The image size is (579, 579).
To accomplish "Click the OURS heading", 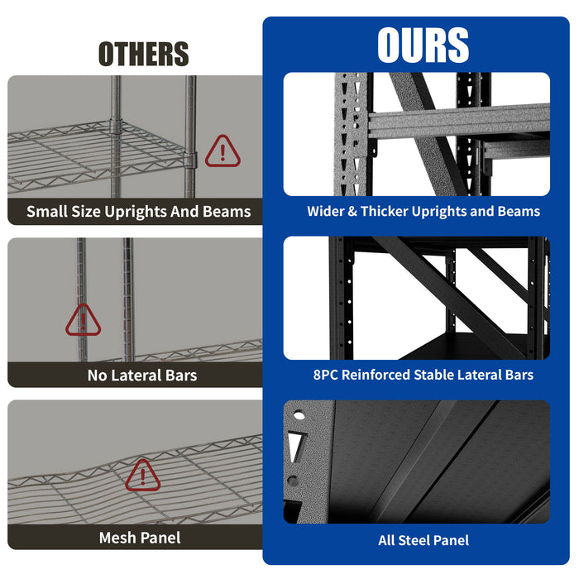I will [x=423, y=45].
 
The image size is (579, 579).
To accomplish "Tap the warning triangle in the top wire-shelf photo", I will [x=223, y=151].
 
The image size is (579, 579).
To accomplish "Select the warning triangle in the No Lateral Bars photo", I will [x=83, y=320].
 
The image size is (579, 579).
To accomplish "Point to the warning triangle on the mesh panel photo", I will [x=142, y=474].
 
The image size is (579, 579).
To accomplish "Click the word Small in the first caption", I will [x=46, y=212].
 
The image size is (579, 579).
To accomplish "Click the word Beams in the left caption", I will [x=226, y=212].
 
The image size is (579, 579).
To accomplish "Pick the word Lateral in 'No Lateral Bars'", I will [x=141, y=376].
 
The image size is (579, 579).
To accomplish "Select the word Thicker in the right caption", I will [x=386, y=211].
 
